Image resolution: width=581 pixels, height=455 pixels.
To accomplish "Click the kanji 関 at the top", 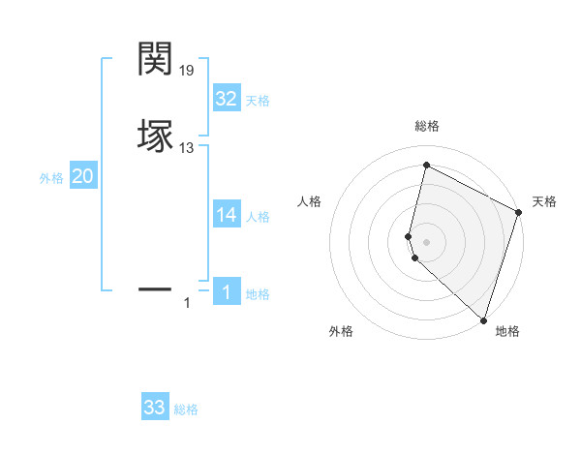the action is (155, 59).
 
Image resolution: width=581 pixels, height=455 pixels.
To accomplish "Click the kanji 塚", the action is (155, 136).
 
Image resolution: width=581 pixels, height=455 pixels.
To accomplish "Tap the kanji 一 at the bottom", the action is (155, 288).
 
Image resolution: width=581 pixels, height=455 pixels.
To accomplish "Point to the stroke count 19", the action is (187, 71).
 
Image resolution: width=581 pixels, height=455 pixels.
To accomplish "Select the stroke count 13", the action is (187, 148).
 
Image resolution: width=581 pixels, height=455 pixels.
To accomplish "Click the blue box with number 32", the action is (227, 99).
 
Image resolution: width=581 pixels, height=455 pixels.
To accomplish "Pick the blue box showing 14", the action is (227, 215).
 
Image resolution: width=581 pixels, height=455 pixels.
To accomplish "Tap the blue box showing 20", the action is (83, 176).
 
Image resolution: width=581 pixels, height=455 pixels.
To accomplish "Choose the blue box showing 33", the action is (155, 408).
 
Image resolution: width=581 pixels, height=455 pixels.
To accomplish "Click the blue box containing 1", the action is (227, 292).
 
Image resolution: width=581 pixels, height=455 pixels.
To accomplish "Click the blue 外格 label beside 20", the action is (51, 178).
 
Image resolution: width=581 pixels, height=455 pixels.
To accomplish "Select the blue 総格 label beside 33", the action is (186, 409).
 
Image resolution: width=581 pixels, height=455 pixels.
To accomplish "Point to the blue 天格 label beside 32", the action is (258, 101).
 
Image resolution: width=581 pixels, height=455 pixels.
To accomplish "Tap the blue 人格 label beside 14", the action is (258, 217).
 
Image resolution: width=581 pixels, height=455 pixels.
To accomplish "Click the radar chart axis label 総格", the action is (427, 126).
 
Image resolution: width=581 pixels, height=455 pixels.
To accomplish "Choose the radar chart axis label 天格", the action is (544, 201).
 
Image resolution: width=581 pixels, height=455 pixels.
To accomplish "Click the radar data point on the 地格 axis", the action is (483, 319).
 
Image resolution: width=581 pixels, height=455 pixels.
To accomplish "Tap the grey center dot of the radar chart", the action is (427, 241).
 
